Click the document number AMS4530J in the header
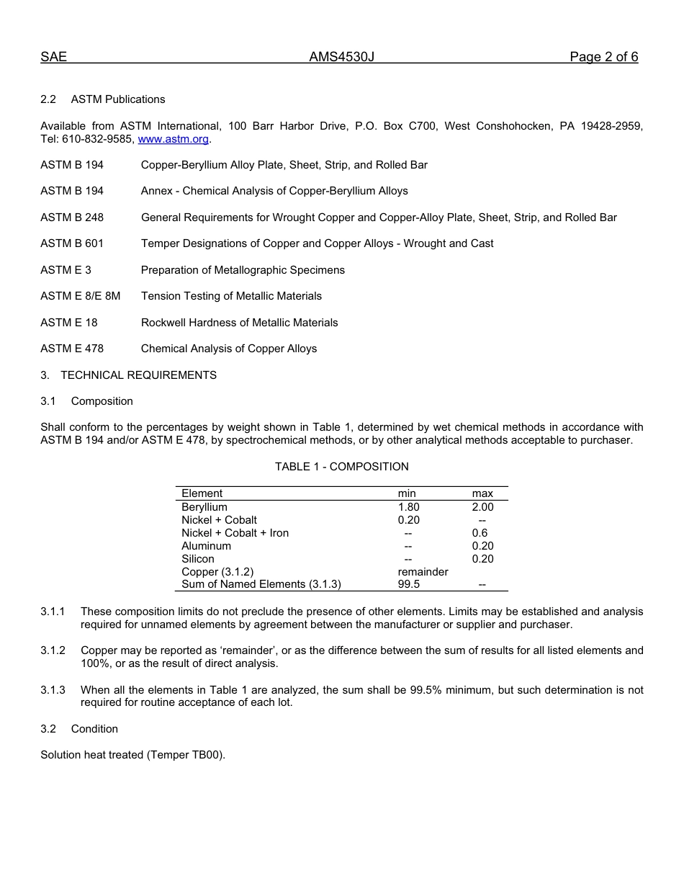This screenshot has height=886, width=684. pos(341,57)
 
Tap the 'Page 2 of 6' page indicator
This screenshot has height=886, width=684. pos(603,57)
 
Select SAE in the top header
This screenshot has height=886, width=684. pos(53,57)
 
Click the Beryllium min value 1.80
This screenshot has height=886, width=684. pos(408,507)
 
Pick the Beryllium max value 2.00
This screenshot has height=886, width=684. pos(482,507)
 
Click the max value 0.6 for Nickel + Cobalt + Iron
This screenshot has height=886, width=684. pos(480,533)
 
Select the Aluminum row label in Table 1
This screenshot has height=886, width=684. pos(206,546)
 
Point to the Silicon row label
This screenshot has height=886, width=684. pos(197,559)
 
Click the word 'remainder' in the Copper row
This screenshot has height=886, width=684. pos(423,572)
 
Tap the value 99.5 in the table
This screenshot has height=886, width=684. pos(408,585)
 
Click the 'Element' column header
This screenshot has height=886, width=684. pos(202,493)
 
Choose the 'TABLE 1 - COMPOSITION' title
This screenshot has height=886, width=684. pos(341,467)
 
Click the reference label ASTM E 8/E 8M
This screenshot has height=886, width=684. pos(81,296)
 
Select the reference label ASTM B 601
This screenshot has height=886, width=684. pos(72,243)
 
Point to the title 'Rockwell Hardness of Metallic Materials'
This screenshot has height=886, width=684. pos(239,323)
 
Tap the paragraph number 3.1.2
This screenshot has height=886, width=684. pos(53,650)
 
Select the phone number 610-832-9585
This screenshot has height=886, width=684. pos(98,139)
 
